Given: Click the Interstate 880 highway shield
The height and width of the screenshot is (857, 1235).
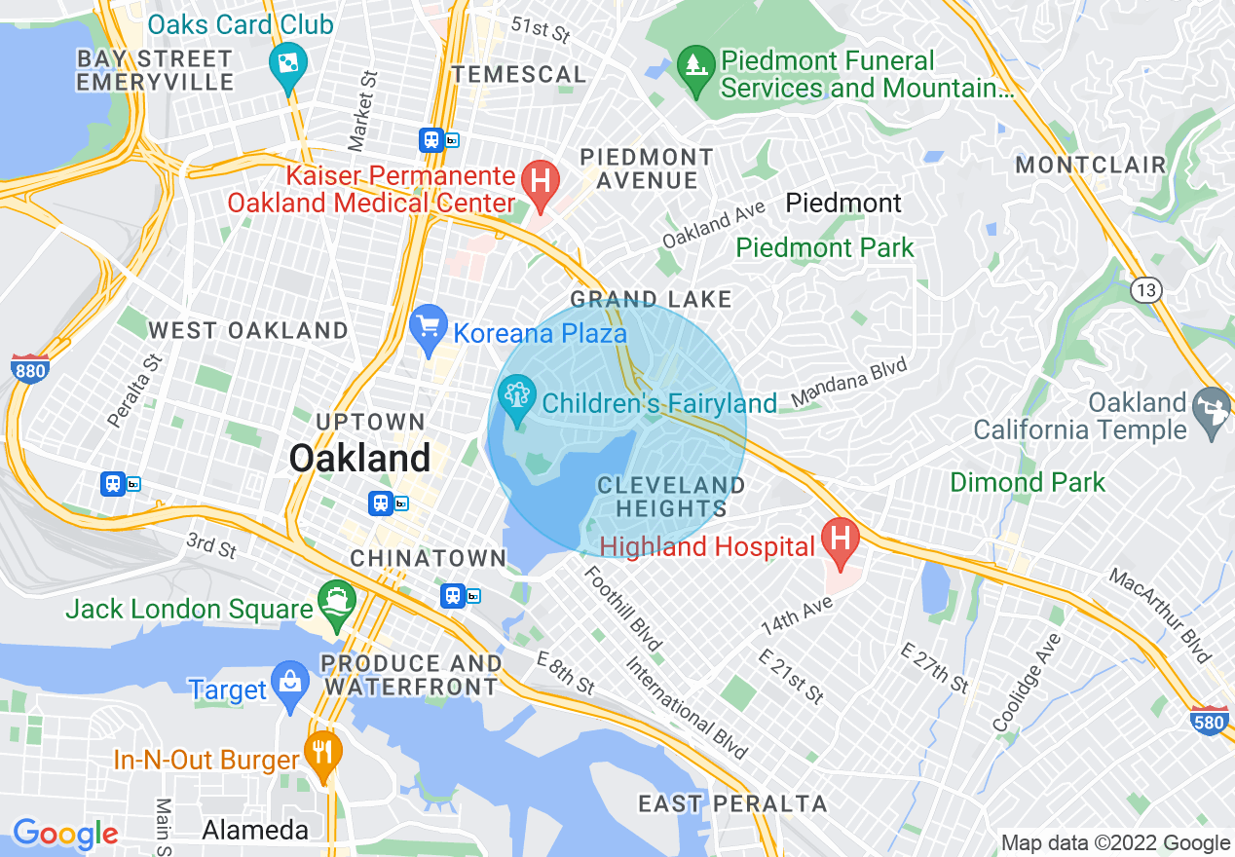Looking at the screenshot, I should pos(30,368).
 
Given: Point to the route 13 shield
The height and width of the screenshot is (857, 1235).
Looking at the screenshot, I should pos(1145,289).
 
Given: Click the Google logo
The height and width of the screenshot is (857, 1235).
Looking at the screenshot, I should pos(65,834).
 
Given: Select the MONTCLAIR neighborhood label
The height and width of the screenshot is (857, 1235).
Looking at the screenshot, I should pos(1090,165).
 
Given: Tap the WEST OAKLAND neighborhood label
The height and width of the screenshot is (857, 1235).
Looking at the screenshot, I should pos(247,330).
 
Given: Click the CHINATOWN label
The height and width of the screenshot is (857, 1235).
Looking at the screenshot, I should pos(428,558).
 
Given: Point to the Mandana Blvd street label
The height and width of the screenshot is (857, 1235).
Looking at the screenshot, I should pos(848,383).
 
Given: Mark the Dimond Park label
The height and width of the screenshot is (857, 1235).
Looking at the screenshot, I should pos(1028,482).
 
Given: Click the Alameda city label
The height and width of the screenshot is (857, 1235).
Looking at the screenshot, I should pos(254,830).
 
